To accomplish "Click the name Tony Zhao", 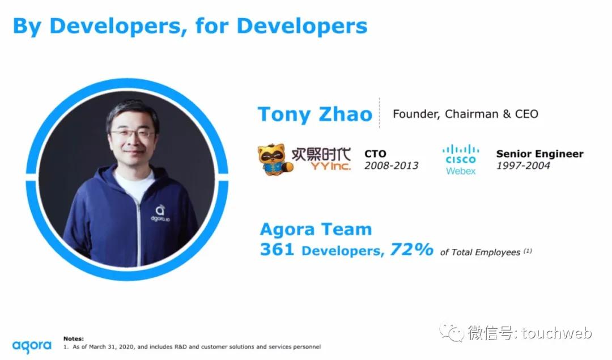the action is click(314, 115).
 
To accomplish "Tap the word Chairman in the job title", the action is click(471, 113).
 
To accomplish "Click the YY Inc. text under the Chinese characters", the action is click(330, 166).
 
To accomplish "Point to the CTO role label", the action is click(375, 154).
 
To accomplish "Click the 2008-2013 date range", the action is click(391, 166).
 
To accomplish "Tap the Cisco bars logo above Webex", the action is click(461, 154).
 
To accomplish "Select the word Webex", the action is click(461, 171).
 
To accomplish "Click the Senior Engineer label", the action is click(540, 154).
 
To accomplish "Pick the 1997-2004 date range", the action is click(523, 166).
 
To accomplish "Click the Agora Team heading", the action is click(316, 229).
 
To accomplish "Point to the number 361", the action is click(277, 249).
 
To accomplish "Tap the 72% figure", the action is click(411, 249).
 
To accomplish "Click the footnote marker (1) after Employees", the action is click(528, 251).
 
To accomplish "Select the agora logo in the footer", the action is click(32, 346).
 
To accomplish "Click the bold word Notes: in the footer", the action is click(73, 338).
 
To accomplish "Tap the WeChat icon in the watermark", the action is click(452, 332).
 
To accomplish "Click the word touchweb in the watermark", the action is click(556, 333).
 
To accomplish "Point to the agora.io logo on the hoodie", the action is click(160, 214).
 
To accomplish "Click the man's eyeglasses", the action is click(132, 134).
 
